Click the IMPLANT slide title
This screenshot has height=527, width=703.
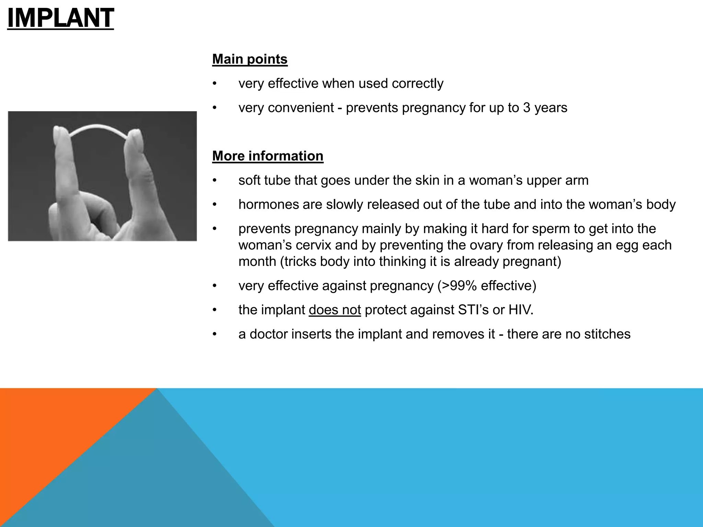[x=60, y=18]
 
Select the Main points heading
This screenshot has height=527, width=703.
[x=250, y=59]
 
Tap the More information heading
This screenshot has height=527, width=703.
[x=268, y=156]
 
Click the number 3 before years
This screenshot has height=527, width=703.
[x=527, y=108]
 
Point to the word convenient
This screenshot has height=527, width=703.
[x=301, y=108]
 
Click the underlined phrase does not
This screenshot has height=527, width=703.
[x=335, y=310]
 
